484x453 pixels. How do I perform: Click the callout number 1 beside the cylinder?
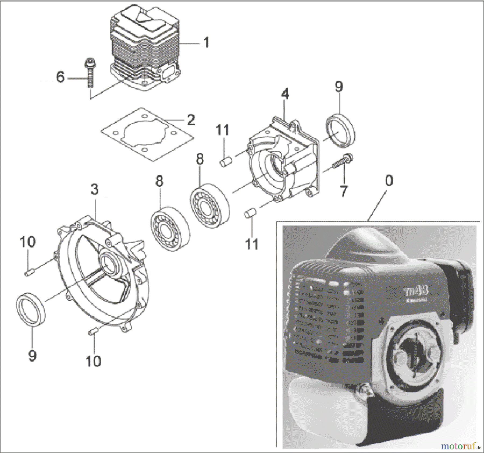tap(206, 43)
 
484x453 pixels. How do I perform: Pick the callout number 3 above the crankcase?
tap(94, 189)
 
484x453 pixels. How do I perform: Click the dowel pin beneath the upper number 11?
tap(224, 162)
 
